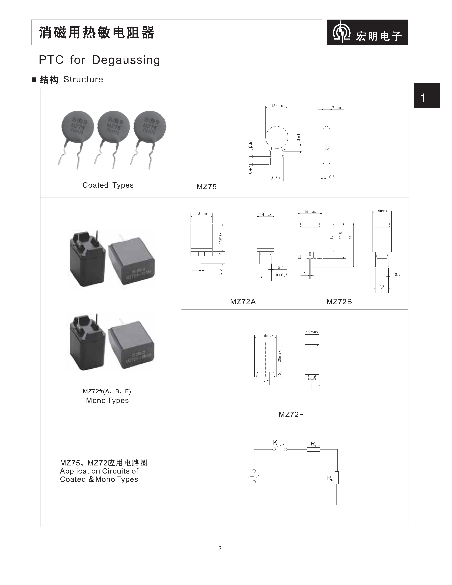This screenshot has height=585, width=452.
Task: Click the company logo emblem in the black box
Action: tap(341, 32)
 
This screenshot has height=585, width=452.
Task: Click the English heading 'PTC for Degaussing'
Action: tap(99, 60)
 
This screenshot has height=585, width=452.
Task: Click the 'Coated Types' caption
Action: tap(108, 185)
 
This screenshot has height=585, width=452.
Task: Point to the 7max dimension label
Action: tap(337, 108)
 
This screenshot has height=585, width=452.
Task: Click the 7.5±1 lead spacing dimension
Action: tap(277, 178)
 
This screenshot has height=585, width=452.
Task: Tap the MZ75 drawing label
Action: tap(207, 187)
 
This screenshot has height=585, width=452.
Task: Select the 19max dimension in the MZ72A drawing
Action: tap(220, 238)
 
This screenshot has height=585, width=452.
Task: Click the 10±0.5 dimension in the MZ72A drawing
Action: tap(280, 275)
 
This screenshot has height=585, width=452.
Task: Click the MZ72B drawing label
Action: tap(339, 302)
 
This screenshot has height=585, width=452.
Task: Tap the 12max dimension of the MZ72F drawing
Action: tap(312, 332)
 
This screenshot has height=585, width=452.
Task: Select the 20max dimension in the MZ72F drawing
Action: tap(279, 356)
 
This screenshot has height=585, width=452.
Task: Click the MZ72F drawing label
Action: tap(291, 414)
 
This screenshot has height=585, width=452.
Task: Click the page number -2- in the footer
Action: tap(220, 548)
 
